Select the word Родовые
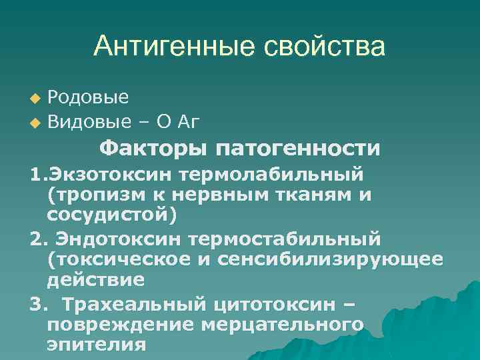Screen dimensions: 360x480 pyautogui.click(x=89, y=98)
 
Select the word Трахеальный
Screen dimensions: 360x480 pyautogui.click(x=121, y=303)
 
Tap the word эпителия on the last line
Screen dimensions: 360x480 pyautogui.click(x=96, y=345)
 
